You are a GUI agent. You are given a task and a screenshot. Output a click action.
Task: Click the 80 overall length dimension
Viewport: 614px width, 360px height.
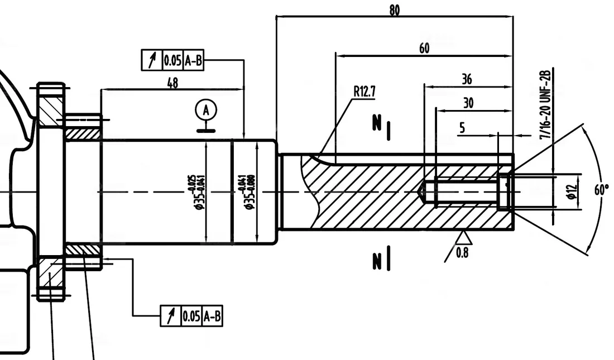pyautogui.click(x=394, y=9)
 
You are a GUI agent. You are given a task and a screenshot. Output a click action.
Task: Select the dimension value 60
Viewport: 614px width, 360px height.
pyautogui.click(x=424, y=48)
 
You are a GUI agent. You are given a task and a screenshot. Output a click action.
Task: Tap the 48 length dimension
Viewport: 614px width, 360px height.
pyautogui.click(x=172, y=83)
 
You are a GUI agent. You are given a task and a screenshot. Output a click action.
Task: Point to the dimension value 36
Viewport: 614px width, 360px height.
pyautogui.click(x=467, y=79)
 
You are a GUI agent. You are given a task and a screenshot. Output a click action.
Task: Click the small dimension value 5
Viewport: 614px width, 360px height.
pyautogui.click(x=462, y=128)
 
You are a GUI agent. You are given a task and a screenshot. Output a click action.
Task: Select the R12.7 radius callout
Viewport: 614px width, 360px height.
pyautogui.click(x=364, y=92)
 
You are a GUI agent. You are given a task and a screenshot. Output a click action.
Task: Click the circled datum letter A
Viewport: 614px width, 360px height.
pyautogui.click(x=207, y=110)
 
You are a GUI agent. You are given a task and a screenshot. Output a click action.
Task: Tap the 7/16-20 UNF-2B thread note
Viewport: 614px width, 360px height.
pyautogui.click(x=545, y=104)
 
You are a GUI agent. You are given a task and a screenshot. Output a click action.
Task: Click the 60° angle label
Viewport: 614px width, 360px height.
pyautogui.click(x=601, y=190)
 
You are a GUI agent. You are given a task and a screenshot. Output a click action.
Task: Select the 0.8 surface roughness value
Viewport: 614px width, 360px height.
pyautogui.click(x=462, y=253)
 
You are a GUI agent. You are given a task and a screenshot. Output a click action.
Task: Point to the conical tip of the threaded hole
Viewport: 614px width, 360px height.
pyautogui.click(x=423, y=193)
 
